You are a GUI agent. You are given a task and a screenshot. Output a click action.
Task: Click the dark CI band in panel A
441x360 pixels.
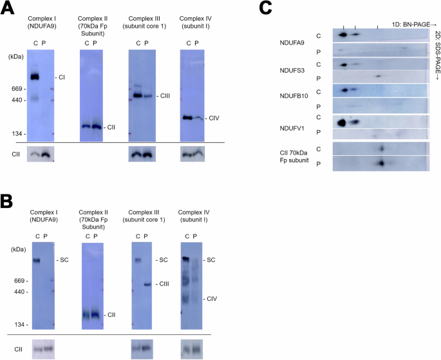coord(35,77)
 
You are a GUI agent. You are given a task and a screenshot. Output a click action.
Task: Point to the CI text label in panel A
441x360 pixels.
coord(62,77)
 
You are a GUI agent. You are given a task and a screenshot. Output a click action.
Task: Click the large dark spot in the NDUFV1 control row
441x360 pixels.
coord(342,122)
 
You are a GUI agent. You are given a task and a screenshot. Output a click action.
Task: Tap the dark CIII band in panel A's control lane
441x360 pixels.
coord(137,96)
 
